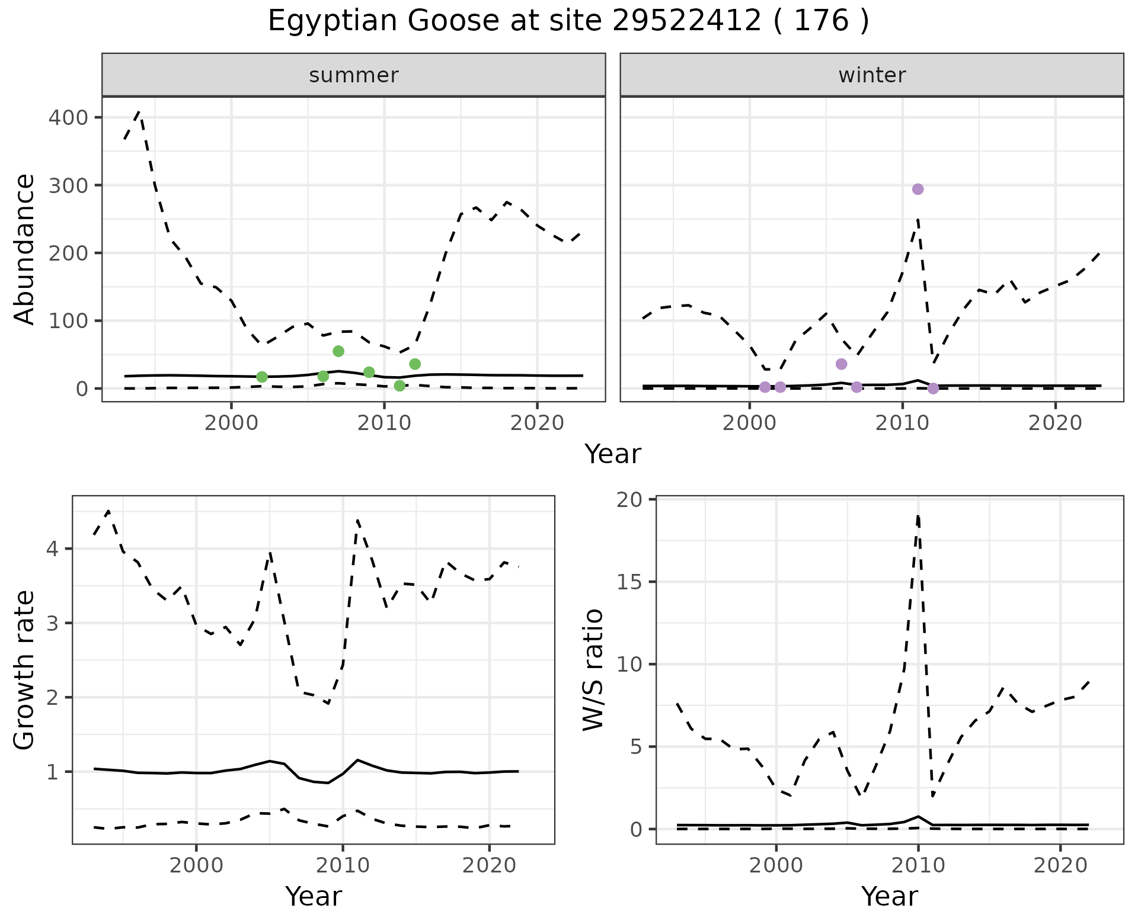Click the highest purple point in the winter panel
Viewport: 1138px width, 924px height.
pos(918,189)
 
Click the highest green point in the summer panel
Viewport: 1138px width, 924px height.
pos(338,351)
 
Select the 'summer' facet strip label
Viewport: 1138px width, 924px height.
pos(354,75)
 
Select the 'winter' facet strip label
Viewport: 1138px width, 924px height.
pos(872,75)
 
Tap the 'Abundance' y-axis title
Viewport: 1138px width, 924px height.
pos(25,249)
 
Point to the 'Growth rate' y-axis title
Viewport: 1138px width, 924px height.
pos(25,670)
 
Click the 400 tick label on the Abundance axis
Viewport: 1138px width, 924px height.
pos(68,118)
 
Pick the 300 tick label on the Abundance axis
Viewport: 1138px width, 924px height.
pos(68,185)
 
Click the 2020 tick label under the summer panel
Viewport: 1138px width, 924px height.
pos(537,423)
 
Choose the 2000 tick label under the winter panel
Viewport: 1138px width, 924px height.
pos(750,423)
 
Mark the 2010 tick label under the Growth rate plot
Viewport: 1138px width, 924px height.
pos(343,865)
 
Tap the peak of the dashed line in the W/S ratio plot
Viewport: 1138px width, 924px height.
pos(918,515)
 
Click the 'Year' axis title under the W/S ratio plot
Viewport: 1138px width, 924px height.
pos(890,896)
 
